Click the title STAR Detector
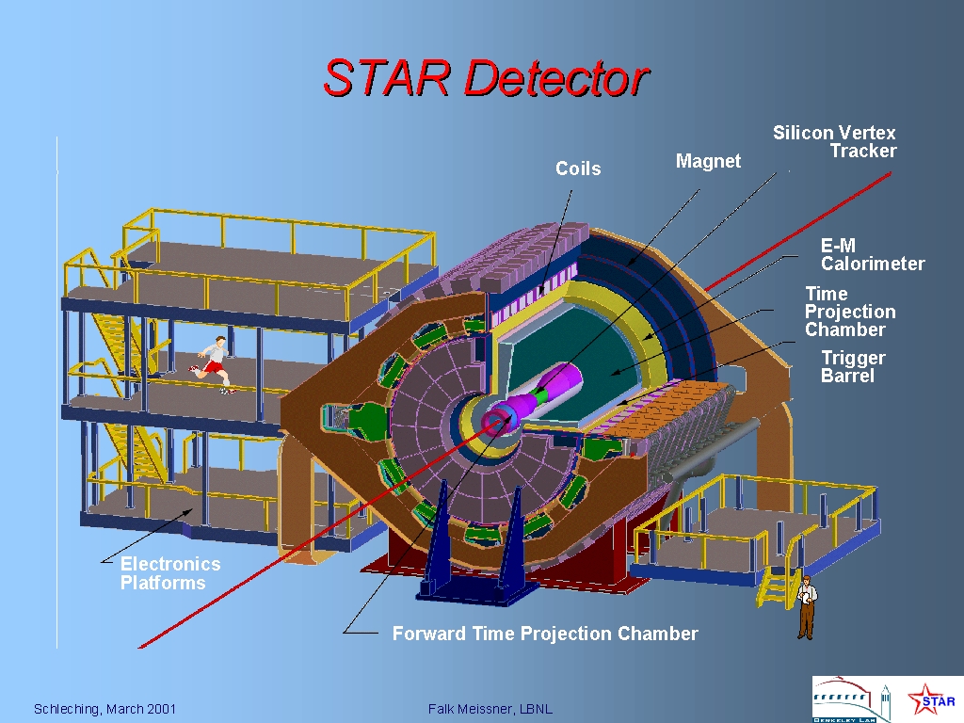tap(487, 78)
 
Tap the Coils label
tap(578, 169)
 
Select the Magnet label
tap(708, 161)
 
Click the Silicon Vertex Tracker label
tap(834, 142)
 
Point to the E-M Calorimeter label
tap(873, 254)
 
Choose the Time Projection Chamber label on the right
tap(850, 312)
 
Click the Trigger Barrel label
tap(853, 367)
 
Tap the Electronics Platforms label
tap(170, 573)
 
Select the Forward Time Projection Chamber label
tap(545, 634)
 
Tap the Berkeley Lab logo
tap(851, 699)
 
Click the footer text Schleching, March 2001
tap(104, 709)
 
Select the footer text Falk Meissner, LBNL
tap(490, 709)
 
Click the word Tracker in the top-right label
tap(863, 152)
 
